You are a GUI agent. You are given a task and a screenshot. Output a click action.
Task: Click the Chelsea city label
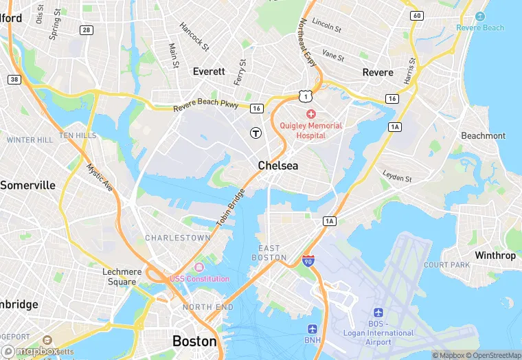(x=278, y=166)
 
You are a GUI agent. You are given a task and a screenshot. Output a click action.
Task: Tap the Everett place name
(x=209, y=71)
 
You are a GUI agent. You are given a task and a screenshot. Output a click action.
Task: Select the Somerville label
(x=27, y=185)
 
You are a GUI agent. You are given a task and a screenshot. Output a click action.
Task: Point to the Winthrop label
(x=495, y=256)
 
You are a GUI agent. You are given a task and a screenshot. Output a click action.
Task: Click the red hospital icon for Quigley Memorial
(x=310, y=113)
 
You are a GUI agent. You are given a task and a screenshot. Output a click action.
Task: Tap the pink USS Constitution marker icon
(x=199, y=267)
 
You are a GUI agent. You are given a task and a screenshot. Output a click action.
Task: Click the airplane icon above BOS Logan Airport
(x=378, y=313)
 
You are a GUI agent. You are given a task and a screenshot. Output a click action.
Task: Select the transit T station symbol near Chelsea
(x=256, y=132)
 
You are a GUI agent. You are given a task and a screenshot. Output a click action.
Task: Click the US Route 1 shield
(x=306, y=96)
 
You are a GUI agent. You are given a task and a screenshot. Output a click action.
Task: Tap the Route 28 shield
(x=86, y=30)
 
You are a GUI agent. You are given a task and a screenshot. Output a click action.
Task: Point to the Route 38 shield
(x=14, y=80)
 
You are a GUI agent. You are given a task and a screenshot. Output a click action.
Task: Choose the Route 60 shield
(x=416, y=15)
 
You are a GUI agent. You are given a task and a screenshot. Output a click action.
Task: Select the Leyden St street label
(x=397, y=177)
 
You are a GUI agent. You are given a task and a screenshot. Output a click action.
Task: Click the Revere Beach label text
(x=480, y=27)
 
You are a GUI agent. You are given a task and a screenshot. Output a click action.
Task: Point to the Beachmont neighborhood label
(x=483, y=135)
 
